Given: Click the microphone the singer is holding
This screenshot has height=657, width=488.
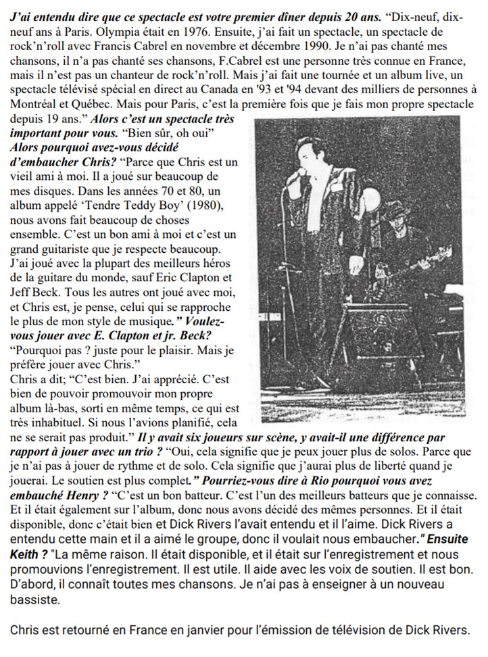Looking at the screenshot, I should (x=295, y=177).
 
